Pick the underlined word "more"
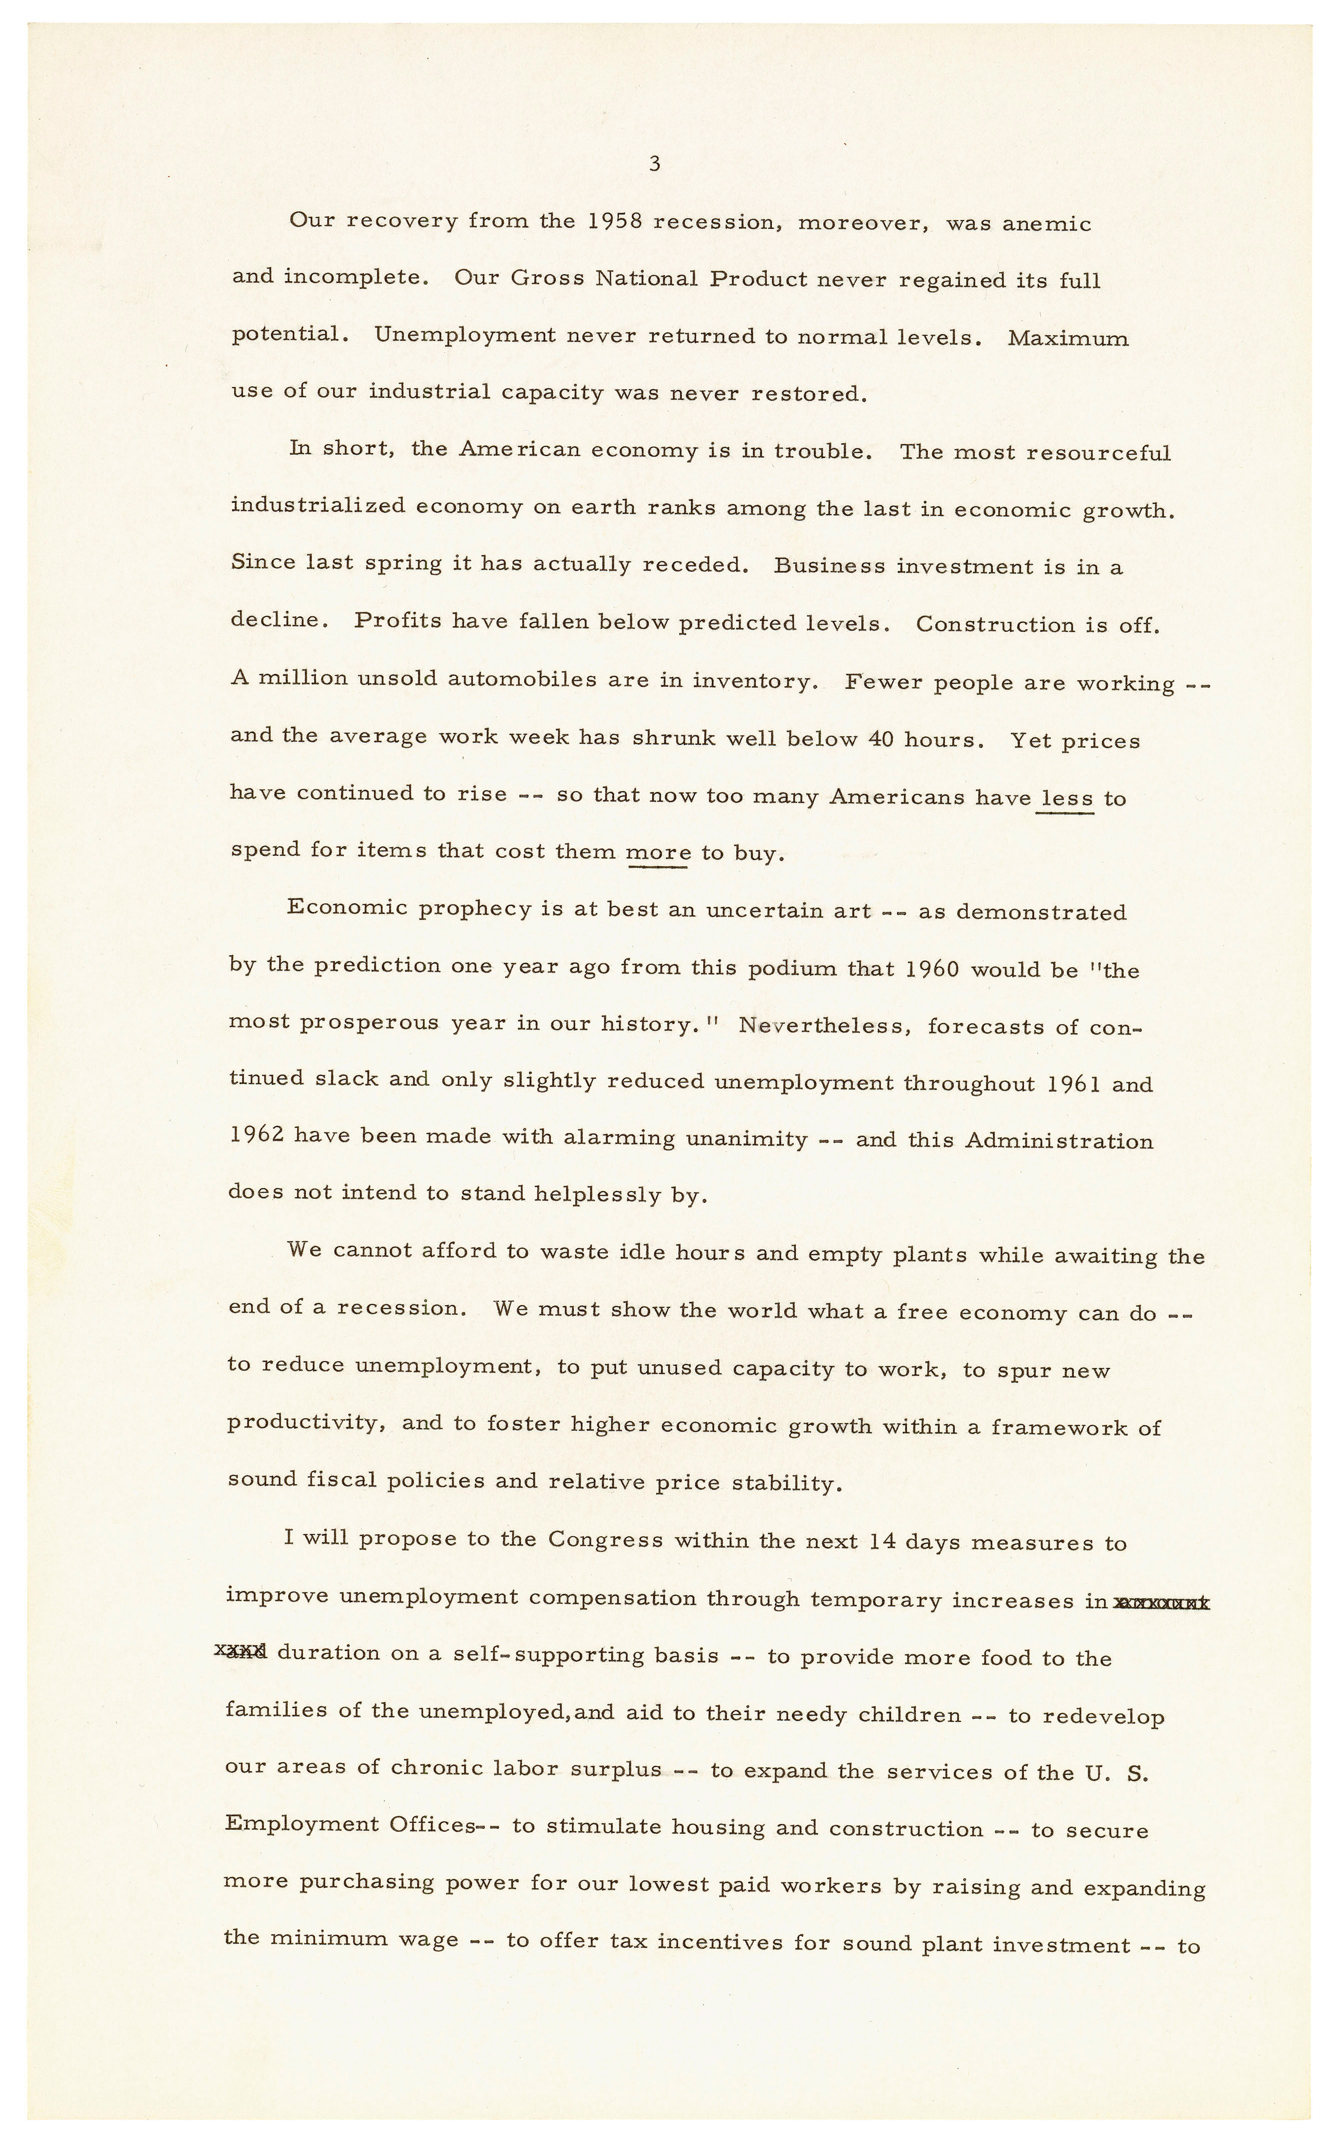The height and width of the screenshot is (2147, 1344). (659, 853)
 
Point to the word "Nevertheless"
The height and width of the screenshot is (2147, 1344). (821, 1026)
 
